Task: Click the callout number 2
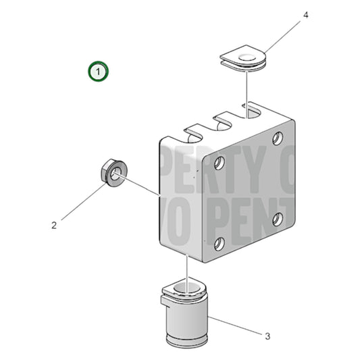(x=54, y=226)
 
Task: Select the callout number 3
(x=267, y=335)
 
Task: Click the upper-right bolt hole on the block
(x=278, y=138)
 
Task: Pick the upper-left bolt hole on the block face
(x=219, y=163)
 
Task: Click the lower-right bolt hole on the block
(x=277, y=219)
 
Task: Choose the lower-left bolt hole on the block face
(x=218, y=244)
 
